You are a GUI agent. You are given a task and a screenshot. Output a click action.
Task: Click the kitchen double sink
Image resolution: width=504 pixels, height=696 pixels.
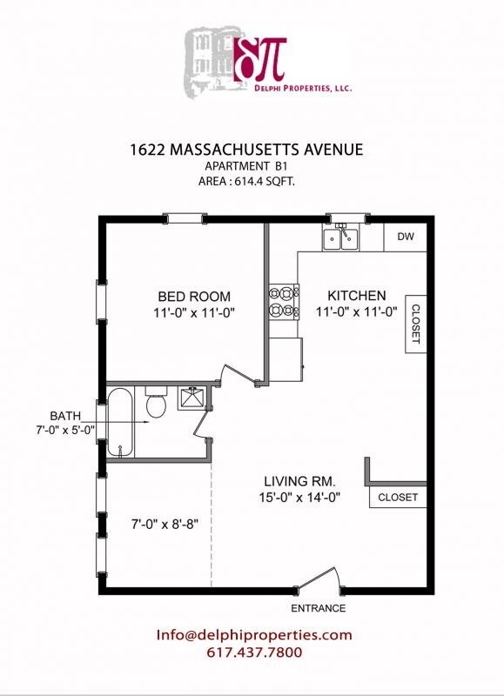pos(341,238)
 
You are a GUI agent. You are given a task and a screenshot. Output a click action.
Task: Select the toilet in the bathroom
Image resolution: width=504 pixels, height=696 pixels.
pos(157,405)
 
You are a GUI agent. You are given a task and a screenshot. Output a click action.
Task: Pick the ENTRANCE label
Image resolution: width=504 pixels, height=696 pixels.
pos(319,608)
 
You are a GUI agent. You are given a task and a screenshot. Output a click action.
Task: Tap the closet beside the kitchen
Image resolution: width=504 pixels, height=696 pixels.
pos(414,324)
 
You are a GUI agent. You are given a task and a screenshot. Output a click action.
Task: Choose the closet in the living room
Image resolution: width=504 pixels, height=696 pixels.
pos(398,498)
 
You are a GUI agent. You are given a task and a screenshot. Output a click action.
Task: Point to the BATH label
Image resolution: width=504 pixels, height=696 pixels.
pos(65,415)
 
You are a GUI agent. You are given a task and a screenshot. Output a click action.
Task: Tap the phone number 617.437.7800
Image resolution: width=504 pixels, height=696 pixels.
pos(254,652)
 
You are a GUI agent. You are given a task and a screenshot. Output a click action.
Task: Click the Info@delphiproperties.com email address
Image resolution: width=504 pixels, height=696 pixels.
pos(254,635)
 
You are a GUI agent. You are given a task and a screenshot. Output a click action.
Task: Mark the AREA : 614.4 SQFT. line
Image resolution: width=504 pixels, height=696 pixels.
pos(254,181)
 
